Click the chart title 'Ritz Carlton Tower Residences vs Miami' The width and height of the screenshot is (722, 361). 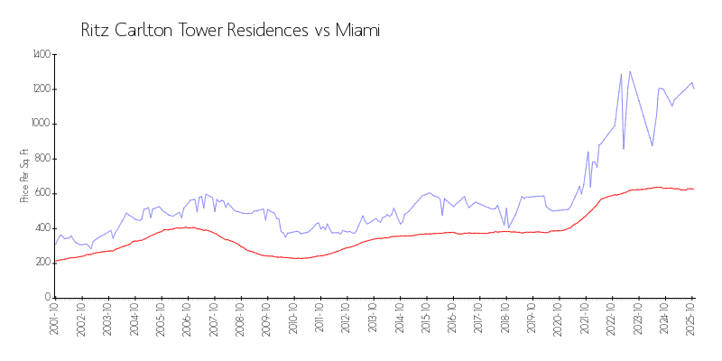230,31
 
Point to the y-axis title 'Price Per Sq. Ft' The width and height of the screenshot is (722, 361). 24,176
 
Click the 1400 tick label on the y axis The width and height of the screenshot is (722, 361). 41,55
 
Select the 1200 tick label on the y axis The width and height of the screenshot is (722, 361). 41,89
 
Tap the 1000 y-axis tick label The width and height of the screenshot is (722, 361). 41,124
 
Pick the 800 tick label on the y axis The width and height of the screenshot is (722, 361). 42,159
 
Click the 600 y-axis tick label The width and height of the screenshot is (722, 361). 42,193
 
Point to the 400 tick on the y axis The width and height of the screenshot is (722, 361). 42,227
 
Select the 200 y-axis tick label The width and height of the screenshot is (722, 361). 42,262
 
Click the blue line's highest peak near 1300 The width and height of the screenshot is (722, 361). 630,71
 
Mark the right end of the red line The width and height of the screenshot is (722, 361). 693,189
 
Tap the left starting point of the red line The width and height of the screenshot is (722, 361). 55,261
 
